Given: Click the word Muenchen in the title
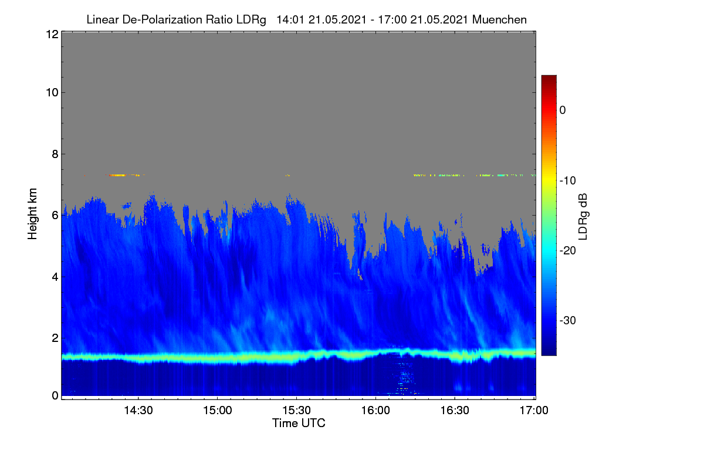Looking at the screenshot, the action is pyautogui.click(x=499, y=20).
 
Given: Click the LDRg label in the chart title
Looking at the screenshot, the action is pyautogui.click(x=251, y=20).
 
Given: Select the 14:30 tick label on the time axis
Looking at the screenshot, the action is pyautogui.click(x=138, y=411).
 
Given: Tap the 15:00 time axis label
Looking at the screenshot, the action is pyautogui.click(x=218, y=411).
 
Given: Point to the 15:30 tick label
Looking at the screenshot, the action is pyautogui.click(x=296, y=411).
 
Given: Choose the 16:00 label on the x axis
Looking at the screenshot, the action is pyautogui.click(x=375, y=411).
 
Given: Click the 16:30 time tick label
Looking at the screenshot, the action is pyautogui.click(x=455, y=411).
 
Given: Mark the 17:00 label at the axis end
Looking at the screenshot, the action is pyautogui.click(x=534, y=411).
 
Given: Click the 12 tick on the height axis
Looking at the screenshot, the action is pyautogui.click(x=52, y=34).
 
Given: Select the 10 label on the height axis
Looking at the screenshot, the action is pyautogui.click(x=52, y=93).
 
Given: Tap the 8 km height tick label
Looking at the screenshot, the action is pyautogui.click(x=55, y=154).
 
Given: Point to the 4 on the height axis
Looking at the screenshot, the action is pyautogui.click(x=55, y=277).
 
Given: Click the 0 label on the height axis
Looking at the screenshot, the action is pyautogui.click(x=55, y=396).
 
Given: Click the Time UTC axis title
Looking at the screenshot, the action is pyautogui.click(x=299, y=424).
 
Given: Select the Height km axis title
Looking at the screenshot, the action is pyautogui.click(x=32, y=214).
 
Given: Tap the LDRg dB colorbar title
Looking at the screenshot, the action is pyautogui.click(x=583, y=217).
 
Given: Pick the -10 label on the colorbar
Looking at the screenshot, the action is pyautogui.click(x=568, y=181).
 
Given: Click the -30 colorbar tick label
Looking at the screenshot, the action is pyautogui.click(x=568, y=320).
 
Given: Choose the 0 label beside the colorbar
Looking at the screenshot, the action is pyautogui.click(x=563, y=110).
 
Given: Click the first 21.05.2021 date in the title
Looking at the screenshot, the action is pyautogui.click(x=337, y=20).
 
